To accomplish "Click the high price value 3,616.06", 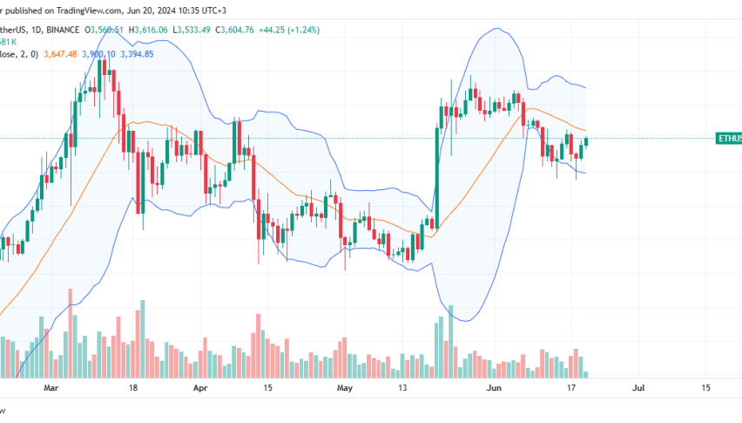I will coord(158,28).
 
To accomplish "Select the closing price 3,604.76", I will coord(260,28).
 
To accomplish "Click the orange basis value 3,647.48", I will coord(36,53).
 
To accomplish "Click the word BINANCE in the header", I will coord(62,28).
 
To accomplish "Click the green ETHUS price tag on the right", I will coord(728,139).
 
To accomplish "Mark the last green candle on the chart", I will coord(586,140).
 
